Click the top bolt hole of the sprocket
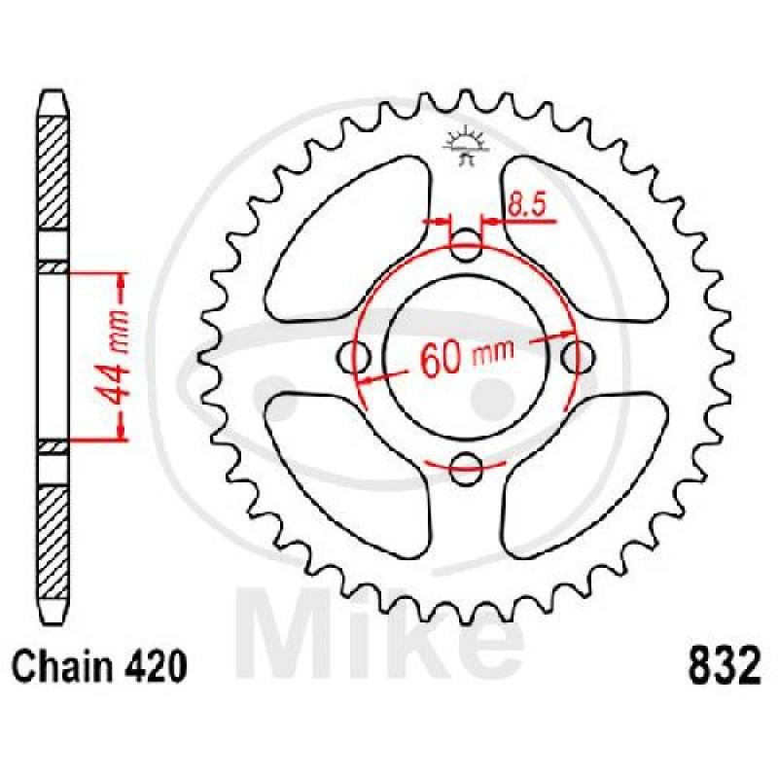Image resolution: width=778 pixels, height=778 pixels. (x=466, y=245)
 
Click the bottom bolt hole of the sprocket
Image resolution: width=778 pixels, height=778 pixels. (x=466, y=469)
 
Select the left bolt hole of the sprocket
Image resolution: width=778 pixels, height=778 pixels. (x=354, y=356)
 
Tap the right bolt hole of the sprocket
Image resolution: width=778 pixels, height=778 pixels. (x=578, y=356)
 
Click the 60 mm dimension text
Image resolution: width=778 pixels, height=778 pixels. (x=467, y=355)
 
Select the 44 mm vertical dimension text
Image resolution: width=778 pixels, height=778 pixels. (x=115, y=357)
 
